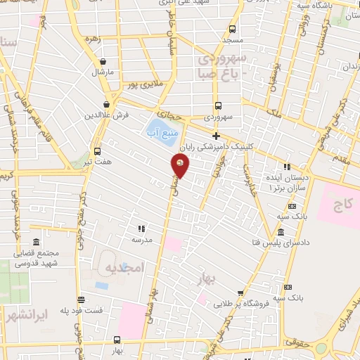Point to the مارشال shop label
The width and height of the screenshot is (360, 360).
tap(102, 72)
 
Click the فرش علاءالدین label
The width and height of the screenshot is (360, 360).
tap(106, 115)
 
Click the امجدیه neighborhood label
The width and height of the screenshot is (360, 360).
tap(124, 268)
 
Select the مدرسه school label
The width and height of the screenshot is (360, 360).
tap(142, 239)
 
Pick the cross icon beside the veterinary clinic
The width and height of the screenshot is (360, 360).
tap(216, 136)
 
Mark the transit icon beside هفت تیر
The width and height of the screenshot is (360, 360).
tap(96, 150)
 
